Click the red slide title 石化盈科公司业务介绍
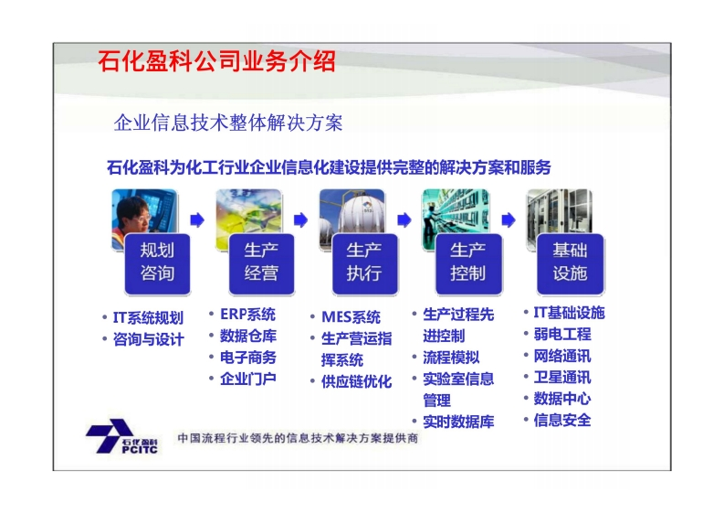pyautogui.click(x=216, y=60)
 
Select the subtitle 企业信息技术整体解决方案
pyautogui.click(x=228, y=123)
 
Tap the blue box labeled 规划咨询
pyautogui.click(x=157, y=263)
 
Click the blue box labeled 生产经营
pyautogui.click(x=261, y=263)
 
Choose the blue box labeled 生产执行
pyautogui.click(x=364, y=263)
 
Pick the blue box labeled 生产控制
pyautogui.click(x=468, y=263)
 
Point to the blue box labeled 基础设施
pyautogui.click(x=571, y=263)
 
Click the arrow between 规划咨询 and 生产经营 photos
pyautogui.click(x=197, y=219)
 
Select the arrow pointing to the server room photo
pyautogui.click(x=509, y=219)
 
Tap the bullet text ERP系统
pyautogui.click(x=248, y=315)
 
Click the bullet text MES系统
pyautogui.click(x=351, y=317)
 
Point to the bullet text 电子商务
pyautogui.click(x=248, y=358)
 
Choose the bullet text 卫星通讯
pyautogui.click(x=562, y=378)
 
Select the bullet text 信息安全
pyautogui.click(x=562, y=421)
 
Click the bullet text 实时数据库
pyautogui.click(x=458, y=422)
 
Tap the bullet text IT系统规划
pyautogui.click(x=148, y=318)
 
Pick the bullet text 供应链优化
pyautogui.click(x=356, y=381)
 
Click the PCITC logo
pyautogui.click(x=122, y=436)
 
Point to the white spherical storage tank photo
pyautogui.click(x=352, y=215)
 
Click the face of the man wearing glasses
pyautogui.click(x=137, y=216)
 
